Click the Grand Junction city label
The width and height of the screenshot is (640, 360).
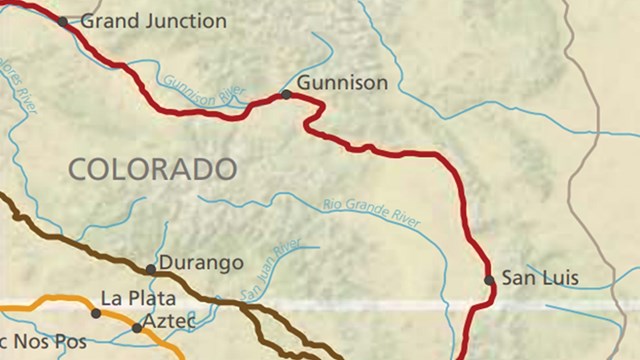(x=153, y=20)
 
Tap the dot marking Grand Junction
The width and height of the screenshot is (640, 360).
(x=64, y=21)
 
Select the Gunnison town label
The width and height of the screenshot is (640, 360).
(x=341, y=84)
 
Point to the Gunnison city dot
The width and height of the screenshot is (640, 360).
(x=286, y=94)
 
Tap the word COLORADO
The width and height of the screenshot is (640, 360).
(x=152, y=169)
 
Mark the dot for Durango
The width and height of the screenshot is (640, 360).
(x=151, y=269)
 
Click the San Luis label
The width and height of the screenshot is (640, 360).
(x=540, y=277)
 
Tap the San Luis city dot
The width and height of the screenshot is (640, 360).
(x=489, y=280)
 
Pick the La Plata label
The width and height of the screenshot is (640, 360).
(x=138, y=298)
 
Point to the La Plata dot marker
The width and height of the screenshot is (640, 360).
(x=96, y=313)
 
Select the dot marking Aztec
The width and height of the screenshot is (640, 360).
(x=137, y=327)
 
